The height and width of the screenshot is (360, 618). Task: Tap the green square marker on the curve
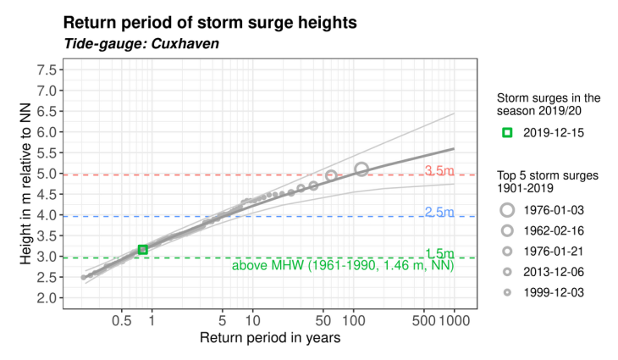point(142,249)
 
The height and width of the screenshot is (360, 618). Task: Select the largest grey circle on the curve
point(361,169)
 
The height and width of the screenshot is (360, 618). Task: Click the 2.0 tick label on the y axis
point(49,298)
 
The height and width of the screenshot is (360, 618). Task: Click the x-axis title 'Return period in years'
point(270,339)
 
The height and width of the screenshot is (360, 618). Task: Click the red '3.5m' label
point(439,171)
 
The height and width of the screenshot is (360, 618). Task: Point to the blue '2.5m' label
point(439,213)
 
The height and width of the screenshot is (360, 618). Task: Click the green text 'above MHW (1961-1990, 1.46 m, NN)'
point(343,266)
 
